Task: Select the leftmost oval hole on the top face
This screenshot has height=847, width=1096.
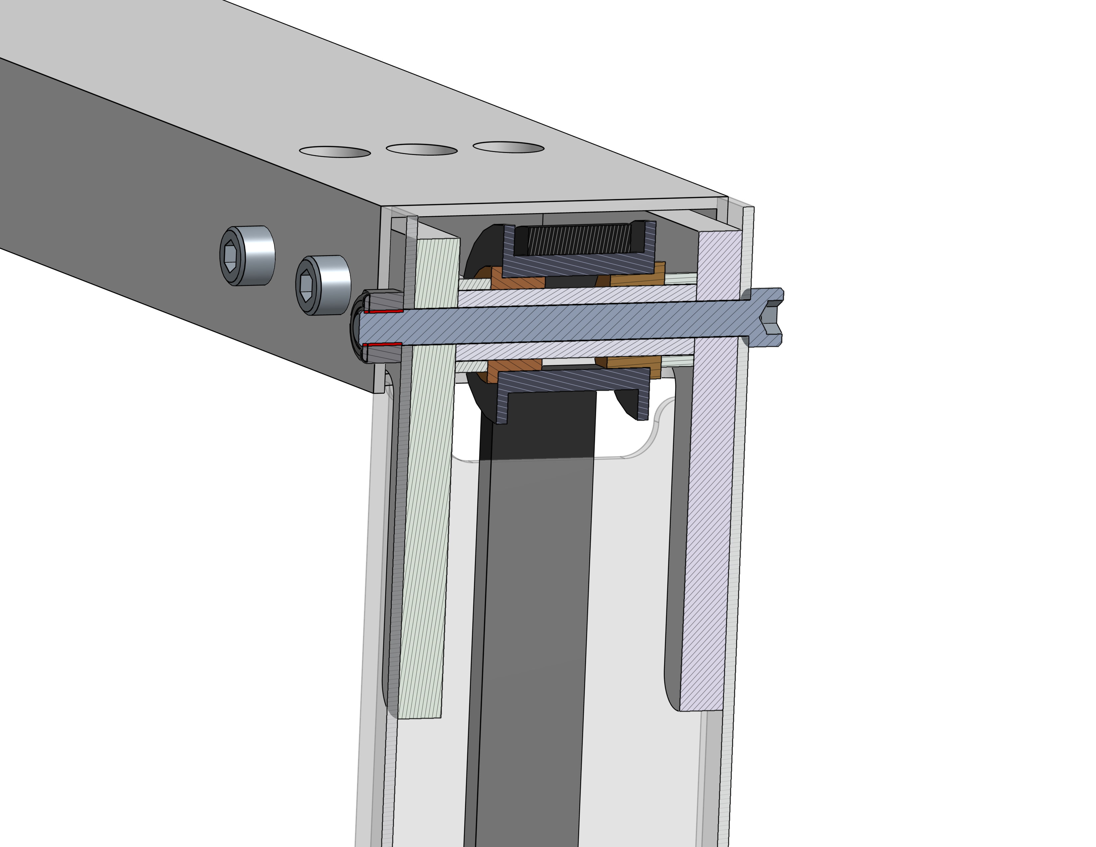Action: [x=335, y=152]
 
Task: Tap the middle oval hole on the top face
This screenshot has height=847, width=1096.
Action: [x=422, y=149]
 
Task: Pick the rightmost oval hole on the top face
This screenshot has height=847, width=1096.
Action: [x=508, y=147]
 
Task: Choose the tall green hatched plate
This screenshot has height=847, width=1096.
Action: [x=427, y=502]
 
